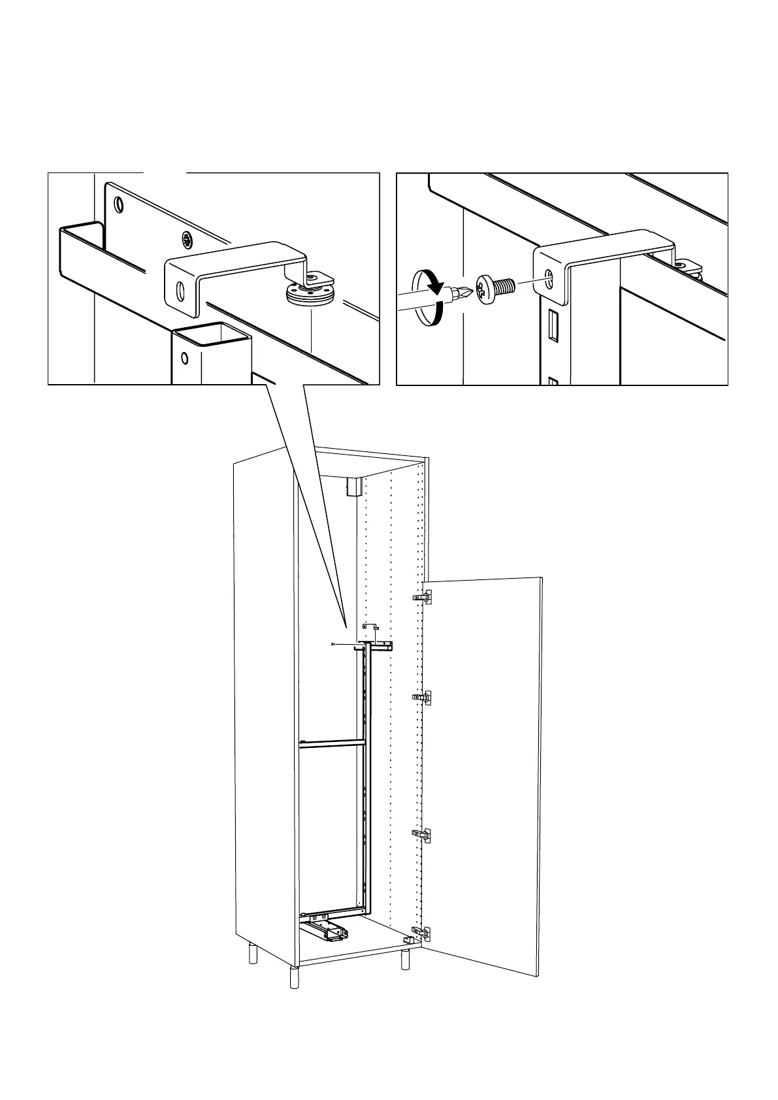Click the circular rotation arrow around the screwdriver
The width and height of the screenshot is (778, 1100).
[428, 299]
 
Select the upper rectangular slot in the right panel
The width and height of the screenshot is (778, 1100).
[553, 325]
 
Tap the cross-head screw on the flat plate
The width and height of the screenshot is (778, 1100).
[188, 240]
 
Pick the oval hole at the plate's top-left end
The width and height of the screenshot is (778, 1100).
[118, 205]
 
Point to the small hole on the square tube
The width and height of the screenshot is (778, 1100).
[185, 358]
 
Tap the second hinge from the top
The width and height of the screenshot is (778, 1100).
[423, 698]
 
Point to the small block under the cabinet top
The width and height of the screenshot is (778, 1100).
[353, 486]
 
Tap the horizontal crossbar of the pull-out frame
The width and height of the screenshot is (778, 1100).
[331, 742]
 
